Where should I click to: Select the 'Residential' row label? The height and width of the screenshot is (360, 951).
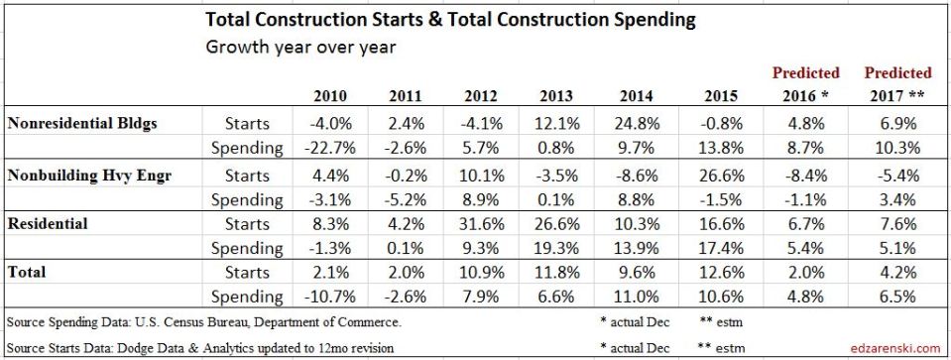coord(47,224)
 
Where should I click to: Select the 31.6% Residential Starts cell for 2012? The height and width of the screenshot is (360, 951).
coord(468,224)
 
